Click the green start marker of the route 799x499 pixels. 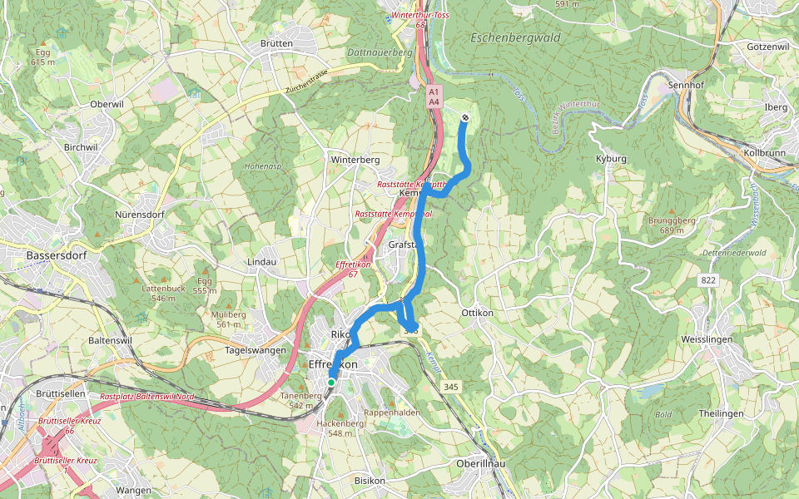tap(331, 383)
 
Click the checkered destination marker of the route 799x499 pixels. tap(464, 117)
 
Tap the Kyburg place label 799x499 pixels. tap(611, 158)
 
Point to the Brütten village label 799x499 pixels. tap(276, 43)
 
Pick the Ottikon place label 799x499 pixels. tap(477, 313)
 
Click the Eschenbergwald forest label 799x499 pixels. tap(515, 38)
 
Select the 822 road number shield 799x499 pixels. tap(708, 281)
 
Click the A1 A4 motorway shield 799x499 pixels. tap(433, 96)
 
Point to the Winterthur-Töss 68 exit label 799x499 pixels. tap(419, 20)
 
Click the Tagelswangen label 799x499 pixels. tap(256, 350)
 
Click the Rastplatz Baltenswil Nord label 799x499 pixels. tap(146, 397)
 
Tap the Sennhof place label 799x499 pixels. tap(686, 86)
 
